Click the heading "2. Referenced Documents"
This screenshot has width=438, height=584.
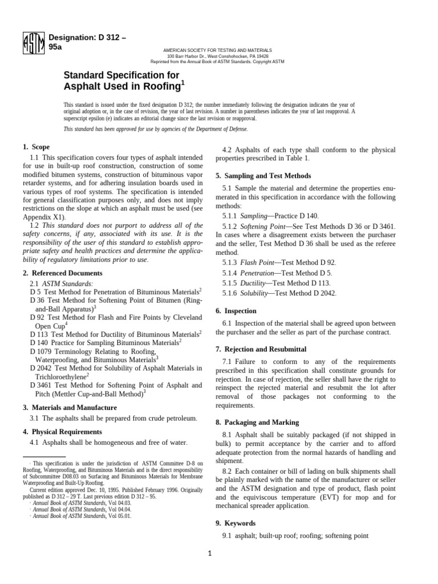coord(63,273)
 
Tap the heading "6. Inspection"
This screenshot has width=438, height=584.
coord(236,311)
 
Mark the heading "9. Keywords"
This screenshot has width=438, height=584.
coord(236,523)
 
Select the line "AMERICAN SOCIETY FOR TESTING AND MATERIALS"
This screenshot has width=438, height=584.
coord(217,51)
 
